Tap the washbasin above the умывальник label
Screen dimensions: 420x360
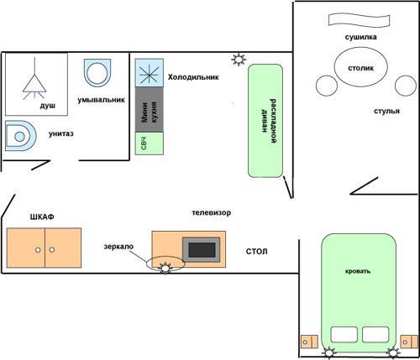pos(97,73)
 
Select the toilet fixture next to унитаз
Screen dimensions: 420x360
pos(21,136)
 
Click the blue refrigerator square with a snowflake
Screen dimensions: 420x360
pos(150,73)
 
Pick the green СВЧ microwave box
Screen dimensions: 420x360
pos(150,143)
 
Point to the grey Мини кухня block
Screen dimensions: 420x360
pos(150,110)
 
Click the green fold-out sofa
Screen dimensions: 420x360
pos(265,121)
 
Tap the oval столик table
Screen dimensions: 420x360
pos(361,67)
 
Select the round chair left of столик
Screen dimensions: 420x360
pos(327,86)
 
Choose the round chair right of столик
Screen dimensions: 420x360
pos(406,86)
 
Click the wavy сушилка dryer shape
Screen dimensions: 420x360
pos(359,20)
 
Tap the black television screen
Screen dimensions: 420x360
pos(202,250)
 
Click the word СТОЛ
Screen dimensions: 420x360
pos(256,252)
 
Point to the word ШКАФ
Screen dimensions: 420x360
pos(42,217)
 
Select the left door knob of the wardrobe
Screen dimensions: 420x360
pos(38,250)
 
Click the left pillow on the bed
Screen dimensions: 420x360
pos(344,335)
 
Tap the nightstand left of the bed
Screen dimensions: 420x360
pos(309,342)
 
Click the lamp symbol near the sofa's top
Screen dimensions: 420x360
pos(239,60)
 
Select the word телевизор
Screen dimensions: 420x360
pos(212,212)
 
